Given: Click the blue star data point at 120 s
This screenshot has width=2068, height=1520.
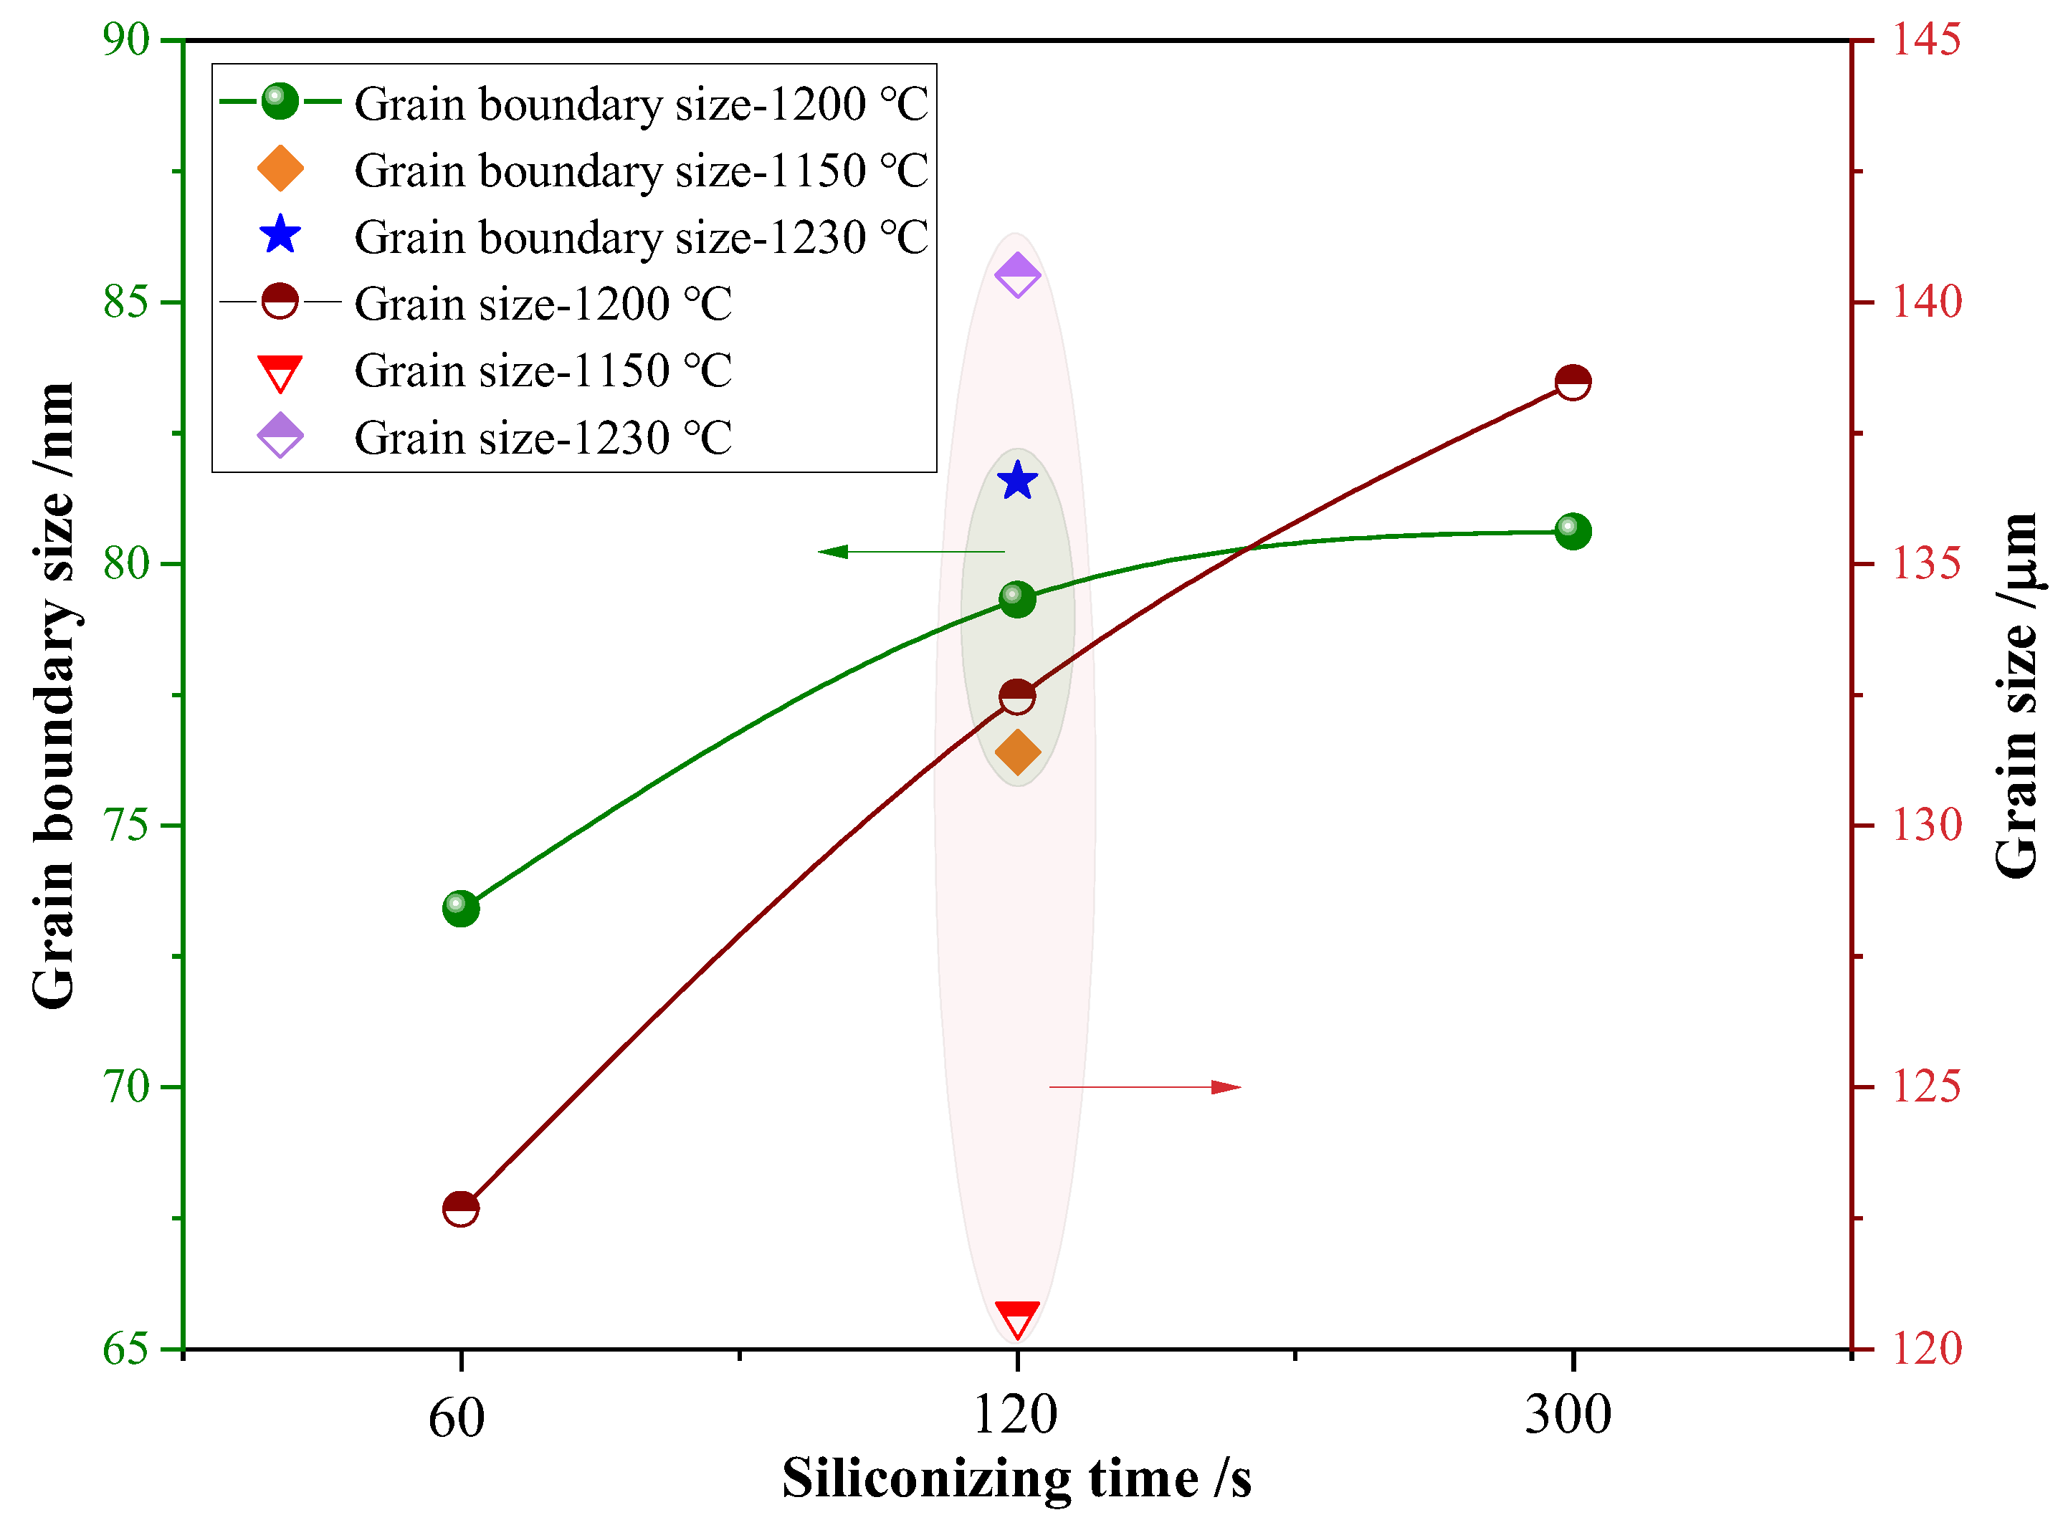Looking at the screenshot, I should click(1017, 481).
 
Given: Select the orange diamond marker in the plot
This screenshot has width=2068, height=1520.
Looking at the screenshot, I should click(1017, 752).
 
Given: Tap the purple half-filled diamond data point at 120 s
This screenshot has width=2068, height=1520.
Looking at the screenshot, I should click(1017, 276).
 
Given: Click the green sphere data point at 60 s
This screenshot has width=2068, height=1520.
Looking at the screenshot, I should click(460, 909).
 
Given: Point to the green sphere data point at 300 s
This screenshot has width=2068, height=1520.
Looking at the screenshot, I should click(1573, 531).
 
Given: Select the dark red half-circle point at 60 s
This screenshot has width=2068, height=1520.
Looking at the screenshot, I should click(460, 1209).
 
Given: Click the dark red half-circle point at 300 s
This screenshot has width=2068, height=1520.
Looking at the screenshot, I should click(1573, 382).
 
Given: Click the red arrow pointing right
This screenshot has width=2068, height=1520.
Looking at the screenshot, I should click(1145, 1088).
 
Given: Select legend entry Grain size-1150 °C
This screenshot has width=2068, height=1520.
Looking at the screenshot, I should click(543, 371).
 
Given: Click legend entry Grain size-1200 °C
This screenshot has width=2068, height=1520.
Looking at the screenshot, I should click(543, 305).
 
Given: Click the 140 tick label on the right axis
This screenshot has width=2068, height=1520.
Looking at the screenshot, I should click(1925, 302).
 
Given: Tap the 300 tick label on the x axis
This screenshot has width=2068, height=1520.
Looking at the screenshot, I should click(1568, 1415).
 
